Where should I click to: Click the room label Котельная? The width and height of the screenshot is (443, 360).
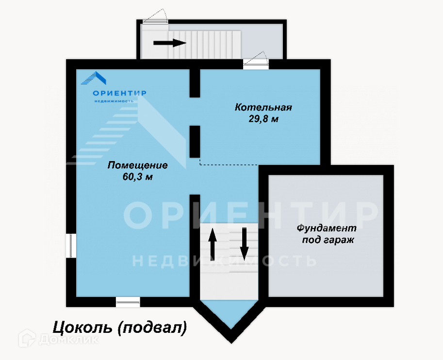click(x=263, y=107)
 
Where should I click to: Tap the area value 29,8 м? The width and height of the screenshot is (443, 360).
click(x=263, y=118)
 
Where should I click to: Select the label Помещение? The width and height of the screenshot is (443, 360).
click(x=138, y=165)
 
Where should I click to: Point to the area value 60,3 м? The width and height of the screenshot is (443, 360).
click(x=138, y=177)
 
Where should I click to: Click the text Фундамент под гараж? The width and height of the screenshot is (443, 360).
click(x=327, y=233)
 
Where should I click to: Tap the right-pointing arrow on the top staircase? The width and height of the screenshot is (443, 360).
click(x=170, y=43)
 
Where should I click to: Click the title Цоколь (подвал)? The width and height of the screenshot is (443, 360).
click(x=119, y=328)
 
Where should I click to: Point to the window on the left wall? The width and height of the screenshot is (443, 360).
click(x=71, y=245)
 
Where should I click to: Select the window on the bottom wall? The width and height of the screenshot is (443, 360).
click(x=128, y=302)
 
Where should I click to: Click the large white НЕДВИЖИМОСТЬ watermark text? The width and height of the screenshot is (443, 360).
click(x=224, y=261)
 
